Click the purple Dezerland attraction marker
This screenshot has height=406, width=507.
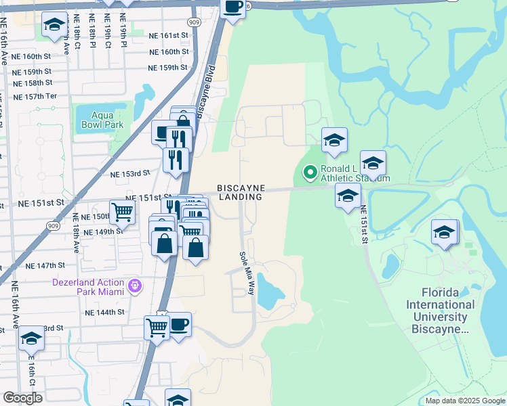[135, 286]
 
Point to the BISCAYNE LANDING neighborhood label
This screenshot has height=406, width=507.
[241, 192]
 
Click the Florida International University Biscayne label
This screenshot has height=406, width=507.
[439, 311]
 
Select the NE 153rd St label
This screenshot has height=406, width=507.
[129, 173]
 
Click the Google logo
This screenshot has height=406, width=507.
[22, 398]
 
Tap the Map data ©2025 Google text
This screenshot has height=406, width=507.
[464, 401]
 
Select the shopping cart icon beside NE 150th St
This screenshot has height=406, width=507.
[122, 211]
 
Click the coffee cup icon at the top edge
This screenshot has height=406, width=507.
[233, 8]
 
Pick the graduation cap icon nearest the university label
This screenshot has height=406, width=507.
[444, 231]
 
